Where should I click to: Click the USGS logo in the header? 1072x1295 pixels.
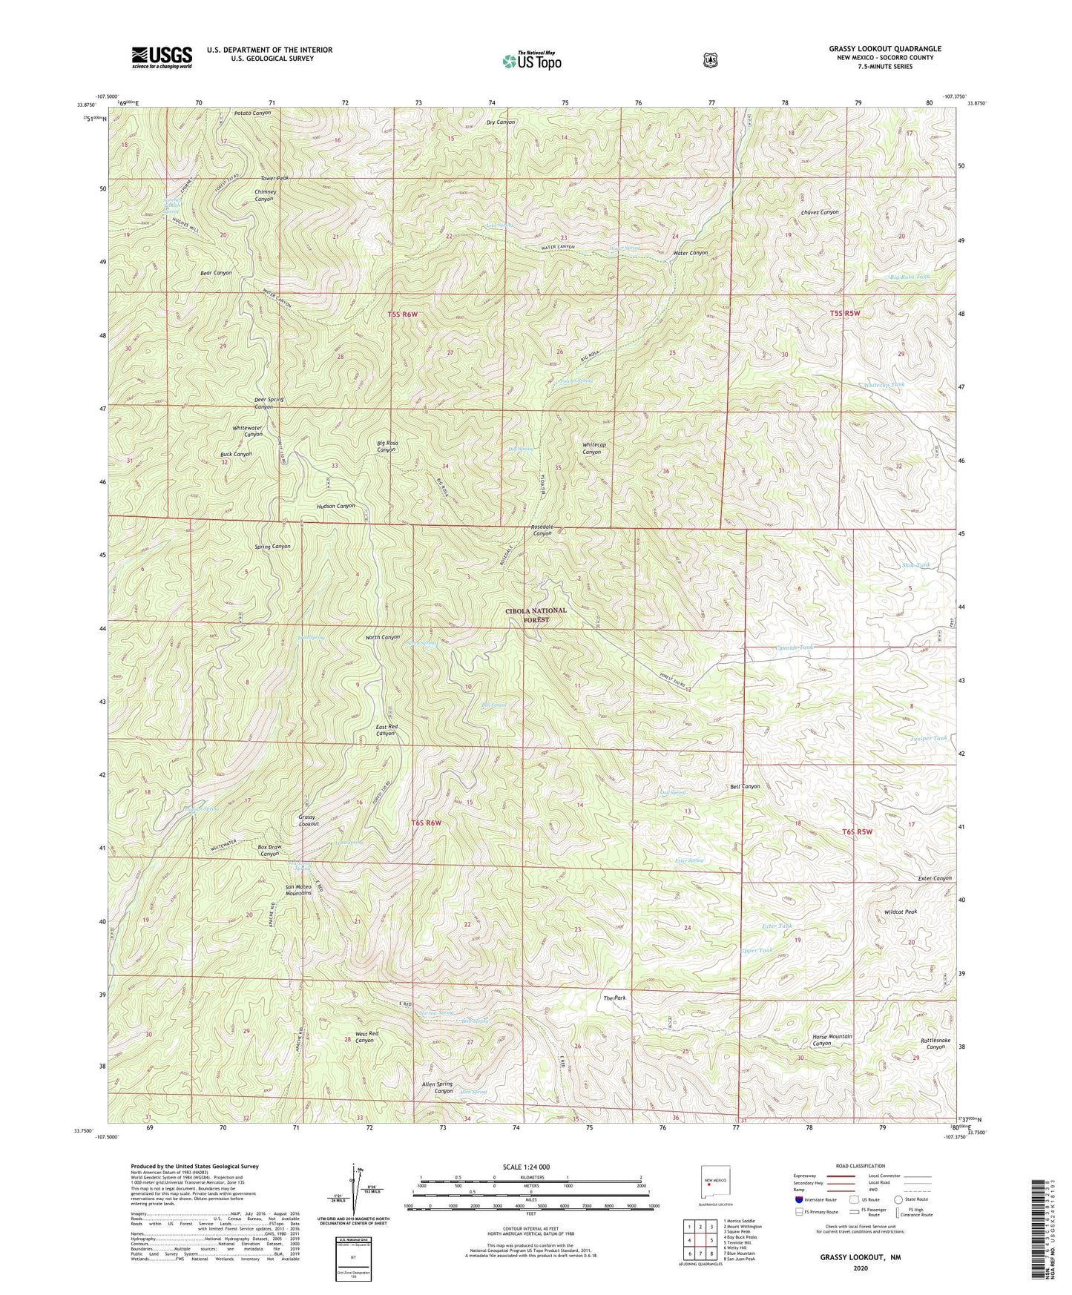[162, 56]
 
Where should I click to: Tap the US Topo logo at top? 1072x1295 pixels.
[530, 61]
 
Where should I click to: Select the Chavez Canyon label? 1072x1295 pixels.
[819, 212]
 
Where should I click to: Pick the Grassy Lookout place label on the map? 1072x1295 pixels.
[309, 820]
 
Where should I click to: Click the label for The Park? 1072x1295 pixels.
[614, 998]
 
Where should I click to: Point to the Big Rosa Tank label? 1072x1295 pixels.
[909, 277]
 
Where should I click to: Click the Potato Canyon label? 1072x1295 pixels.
[252, 113]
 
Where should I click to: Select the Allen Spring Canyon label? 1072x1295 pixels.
[438, 1088]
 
